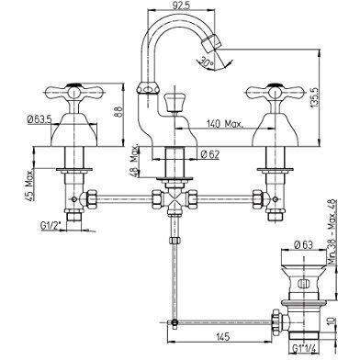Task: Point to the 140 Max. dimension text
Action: tap(224, 121)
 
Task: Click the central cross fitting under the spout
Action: tap(174, 201)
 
